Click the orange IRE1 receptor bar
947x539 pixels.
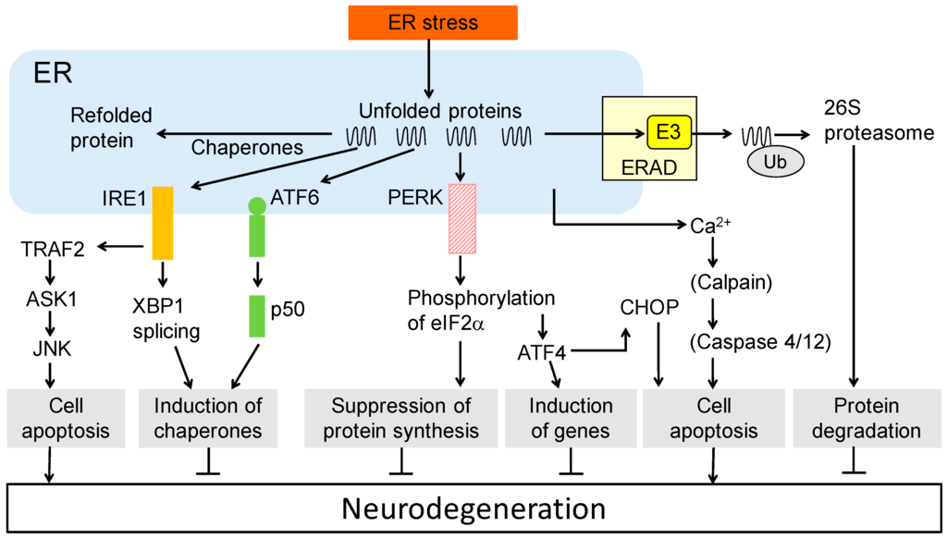pos(163,222)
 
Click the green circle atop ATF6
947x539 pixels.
pos(256,204)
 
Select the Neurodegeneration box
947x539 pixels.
pos(473,508)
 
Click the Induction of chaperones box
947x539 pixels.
pos(208,418)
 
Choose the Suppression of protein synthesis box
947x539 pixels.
pos(401,418)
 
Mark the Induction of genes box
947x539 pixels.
pos(571,418)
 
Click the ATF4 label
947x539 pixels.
pos(543,351)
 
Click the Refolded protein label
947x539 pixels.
pos(103,128)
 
